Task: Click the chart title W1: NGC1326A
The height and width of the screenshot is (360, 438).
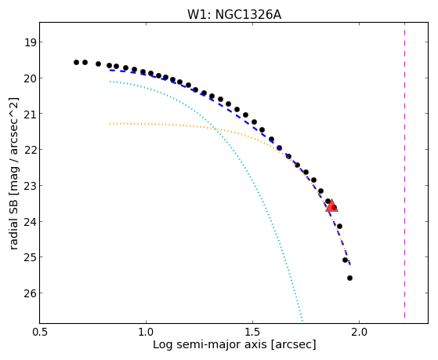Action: tap(234, 15)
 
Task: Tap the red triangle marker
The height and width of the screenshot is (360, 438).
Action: tap(331, 205)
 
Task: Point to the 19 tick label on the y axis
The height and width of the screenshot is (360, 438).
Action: tap(30, 42)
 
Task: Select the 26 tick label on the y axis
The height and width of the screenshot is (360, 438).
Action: tap(30, 293)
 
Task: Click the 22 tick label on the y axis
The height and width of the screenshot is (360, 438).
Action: tap(30, 150)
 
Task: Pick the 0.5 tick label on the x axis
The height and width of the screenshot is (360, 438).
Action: tap(40, 332)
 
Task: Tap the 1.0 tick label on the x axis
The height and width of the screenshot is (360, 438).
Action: tap(146, 332)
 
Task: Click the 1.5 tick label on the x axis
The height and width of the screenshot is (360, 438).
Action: tap(252, 332)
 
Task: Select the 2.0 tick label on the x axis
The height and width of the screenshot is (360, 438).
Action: tap(359, 332)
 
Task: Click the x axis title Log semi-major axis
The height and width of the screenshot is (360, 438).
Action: tap(209, 344)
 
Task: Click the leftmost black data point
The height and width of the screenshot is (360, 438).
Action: tap(76, 62)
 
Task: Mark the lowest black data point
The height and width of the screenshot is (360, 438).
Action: tap(349, 278)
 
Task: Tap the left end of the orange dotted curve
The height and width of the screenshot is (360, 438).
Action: tap(110, 123)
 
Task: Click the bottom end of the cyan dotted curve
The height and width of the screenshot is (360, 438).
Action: tap(302, 320)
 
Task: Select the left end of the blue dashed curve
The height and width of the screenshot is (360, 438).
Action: tap(110, 70)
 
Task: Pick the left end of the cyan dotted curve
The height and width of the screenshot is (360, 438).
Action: tap(110, 82)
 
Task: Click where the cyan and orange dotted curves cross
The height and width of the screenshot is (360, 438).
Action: tap(215, 128)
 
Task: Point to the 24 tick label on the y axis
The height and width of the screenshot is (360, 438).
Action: tap(30, 222)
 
